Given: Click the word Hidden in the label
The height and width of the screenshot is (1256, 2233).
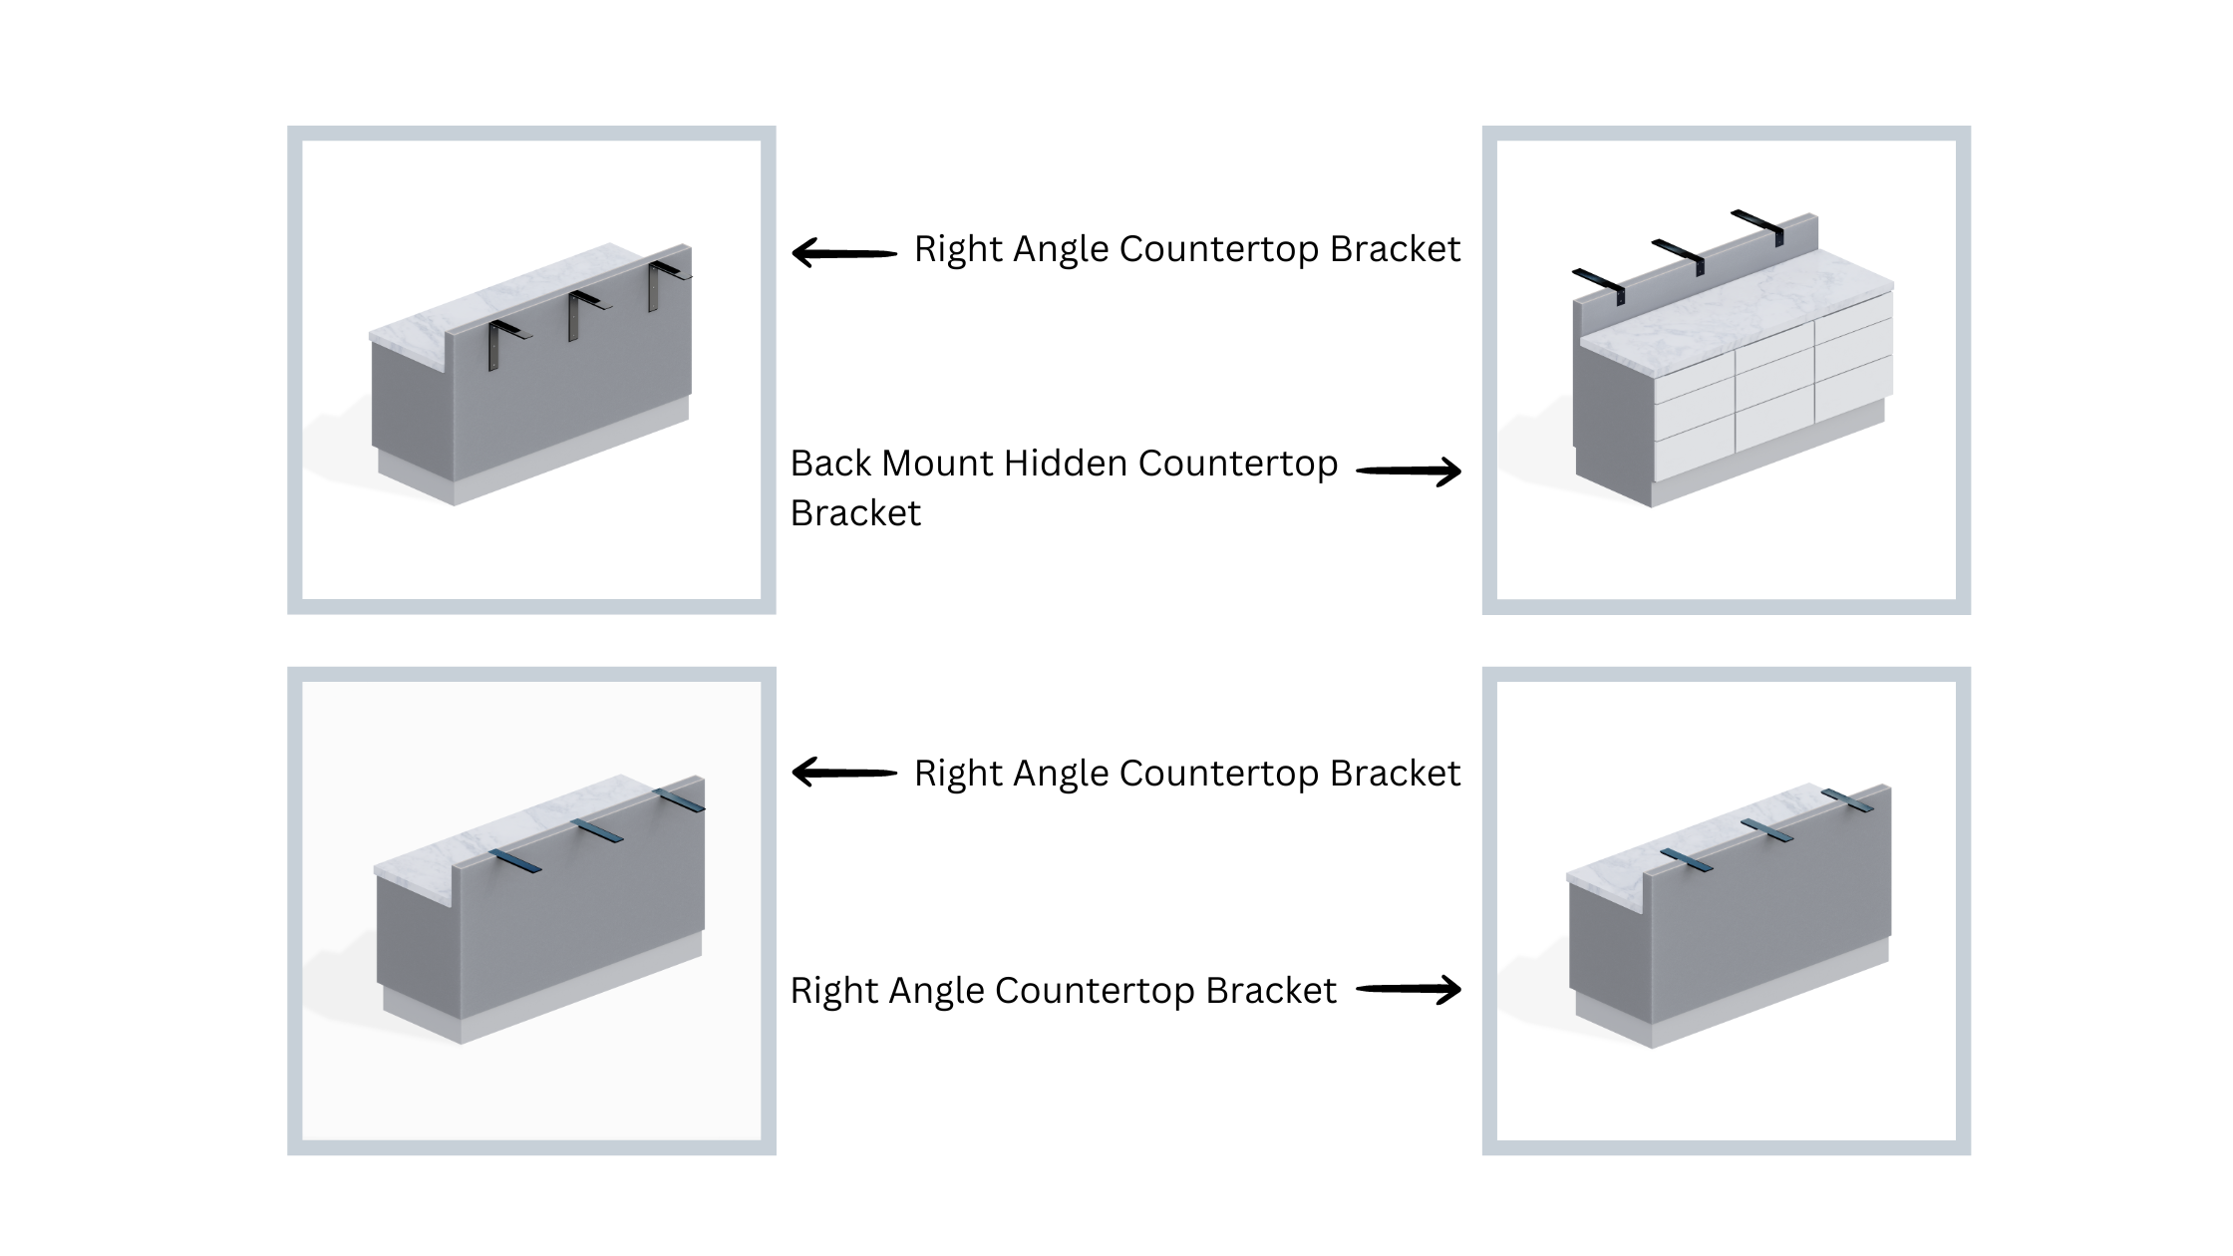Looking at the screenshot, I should (1066, 464).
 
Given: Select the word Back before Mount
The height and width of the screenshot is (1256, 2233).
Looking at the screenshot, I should (831, 464).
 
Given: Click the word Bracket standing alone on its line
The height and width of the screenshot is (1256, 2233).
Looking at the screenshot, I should (855, 513).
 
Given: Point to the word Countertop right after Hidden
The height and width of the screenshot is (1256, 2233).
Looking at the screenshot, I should (1237, 464).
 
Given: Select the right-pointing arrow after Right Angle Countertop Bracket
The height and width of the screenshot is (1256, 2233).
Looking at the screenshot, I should (1409, 989).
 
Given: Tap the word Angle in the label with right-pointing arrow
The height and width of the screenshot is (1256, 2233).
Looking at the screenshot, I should (936, 991).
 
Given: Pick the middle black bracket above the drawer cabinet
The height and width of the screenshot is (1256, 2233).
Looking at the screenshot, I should (1680, 256).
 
